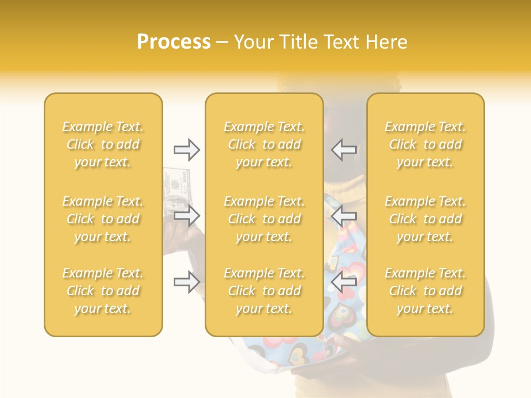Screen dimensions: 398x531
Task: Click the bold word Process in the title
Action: point(174,42)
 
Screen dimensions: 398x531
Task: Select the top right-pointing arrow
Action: point(187,149)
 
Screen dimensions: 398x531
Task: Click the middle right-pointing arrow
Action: point(187,216)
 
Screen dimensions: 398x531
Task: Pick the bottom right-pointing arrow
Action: point(187,282)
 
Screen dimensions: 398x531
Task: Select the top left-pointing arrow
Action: point(344,149)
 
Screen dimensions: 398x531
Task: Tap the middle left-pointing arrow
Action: point(344,216)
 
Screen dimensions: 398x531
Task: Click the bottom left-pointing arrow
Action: point(344,282)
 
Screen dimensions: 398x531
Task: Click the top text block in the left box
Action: point(103,144)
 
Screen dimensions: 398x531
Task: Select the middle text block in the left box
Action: point(103,219)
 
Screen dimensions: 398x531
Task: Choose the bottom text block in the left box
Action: point(103,291)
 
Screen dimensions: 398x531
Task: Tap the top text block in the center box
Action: point(264,144)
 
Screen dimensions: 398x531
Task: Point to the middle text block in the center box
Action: point(264,219)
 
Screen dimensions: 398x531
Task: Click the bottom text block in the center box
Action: point(264,291)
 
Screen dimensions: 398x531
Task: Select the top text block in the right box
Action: point(425,144)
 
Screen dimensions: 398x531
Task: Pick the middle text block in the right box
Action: point(425,219)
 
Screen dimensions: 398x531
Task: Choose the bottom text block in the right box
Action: point(425,291)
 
